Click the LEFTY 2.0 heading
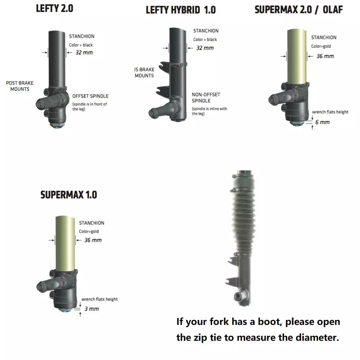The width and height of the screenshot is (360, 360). tap(55, 8)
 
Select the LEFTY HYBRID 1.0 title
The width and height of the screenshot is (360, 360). tap(181, 10)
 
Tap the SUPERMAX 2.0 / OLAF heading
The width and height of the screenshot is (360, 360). tap(298, 9)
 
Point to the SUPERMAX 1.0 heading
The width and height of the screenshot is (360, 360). tap(69, 195)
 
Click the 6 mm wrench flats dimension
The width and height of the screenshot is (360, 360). tap(322, 122)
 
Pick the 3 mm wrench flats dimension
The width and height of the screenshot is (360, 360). tap(92, 309)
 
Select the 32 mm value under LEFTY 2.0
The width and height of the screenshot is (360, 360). tap(84, 53)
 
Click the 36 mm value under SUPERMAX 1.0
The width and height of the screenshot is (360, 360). tap(93, 240)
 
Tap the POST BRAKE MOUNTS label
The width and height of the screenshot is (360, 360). tap(20, 86)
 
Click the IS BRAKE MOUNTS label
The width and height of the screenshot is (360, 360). tap(144, 73)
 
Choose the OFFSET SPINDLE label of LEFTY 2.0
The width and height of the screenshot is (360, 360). tap(90, 96)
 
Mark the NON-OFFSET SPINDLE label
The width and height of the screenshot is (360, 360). tap(206, 98)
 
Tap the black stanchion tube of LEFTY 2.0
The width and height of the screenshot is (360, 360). tap(57, 58)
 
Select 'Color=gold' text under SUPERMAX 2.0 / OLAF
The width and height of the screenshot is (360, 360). tap(321, 46)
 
